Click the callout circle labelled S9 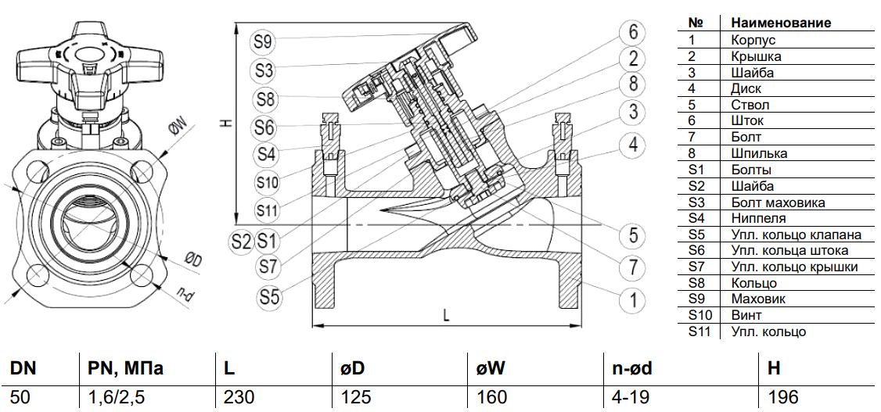click(263, 41)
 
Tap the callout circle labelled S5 click(270, 297)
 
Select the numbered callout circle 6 click(633, 32)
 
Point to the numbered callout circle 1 click(633, 299)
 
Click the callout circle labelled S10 click(267, 182)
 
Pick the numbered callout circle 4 click(633, 144)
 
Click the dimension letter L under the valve click(445, 315)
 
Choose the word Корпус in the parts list click(753, 39)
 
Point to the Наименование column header click(780, 23)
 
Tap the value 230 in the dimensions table click(239, 397)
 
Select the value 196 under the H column click(782, 397)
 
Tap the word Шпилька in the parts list click(759, 153)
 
